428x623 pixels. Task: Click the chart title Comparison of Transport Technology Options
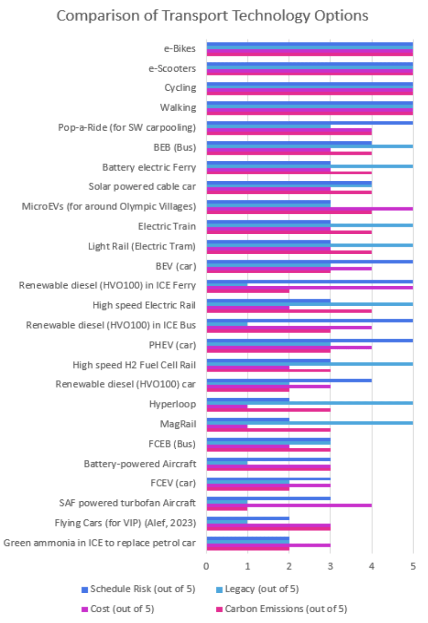(x=212, y=16)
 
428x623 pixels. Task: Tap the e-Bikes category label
(x=180, y=48)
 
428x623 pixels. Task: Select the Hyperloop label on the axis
(x=173, y=404)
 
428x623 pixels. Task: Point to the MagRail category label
(x=178, y=424)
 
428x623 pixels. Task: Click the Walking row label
(x=178, y=108)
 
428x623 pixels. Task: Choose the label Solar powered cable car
(x=142, y=187)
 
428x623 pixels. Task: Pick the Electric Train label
(x=167, y=226)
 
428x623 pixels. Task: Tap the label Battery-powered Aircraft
(x=140, y=464)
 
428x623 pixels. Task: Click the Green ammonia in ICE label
(x=99, y=543)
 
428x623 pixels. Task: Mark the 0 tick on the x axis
(x=206, y=567)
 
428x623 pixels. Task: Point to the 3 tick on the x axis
(x=330, y=567)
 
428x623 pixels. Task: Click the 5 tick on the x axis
(x=413, y=567)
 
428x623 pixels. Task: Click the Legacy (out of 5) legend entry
(x=262, y=589)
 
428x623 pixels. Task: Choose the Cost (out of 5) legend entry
(x=122, y=609)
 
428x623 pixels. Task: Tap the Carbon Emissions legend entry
(x=286, y=609)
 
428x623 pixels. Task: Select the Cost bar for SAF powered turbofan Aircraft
(x=289, y=505)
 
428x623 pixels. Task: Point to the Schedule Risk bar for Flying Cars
(x=248, y=518)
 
